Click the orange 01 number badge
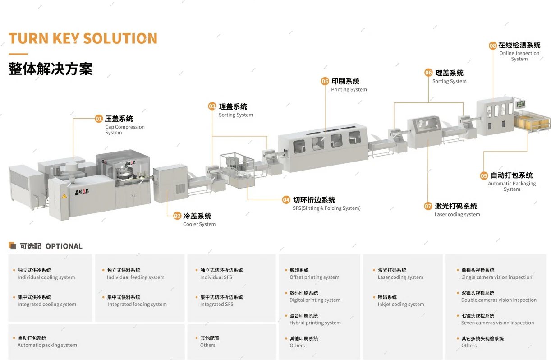click(x=99, y=119)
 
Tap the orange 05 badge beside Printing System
click(x=325, y=81)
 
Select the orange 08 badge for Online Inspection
click(x=493, y=46)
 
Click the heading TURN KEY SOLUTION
click(x=83, y=38)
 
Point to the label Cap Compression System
click(x=125, y=129)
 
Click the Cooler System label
click(x=199, y=224)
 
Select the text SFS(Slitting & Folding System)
click(x=326, y=208)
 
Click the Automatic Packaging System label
click(x=512, y=186)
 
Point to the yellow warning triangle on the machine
click(x=64, y=196)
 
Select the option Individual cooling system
click(x=46, y=277)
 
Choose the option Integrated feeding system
click(x=137, y=305)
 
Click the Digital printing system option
click(x=315, y=300)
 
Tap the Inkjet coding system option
click(x=401, y=305)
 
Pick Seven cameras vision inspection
click(x=497, y=323)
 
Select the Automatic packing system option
click(x=47, y=345)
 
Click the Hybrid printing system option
click(x=315, y=323)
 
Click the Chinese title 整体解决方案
click(x=51, y=69)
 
